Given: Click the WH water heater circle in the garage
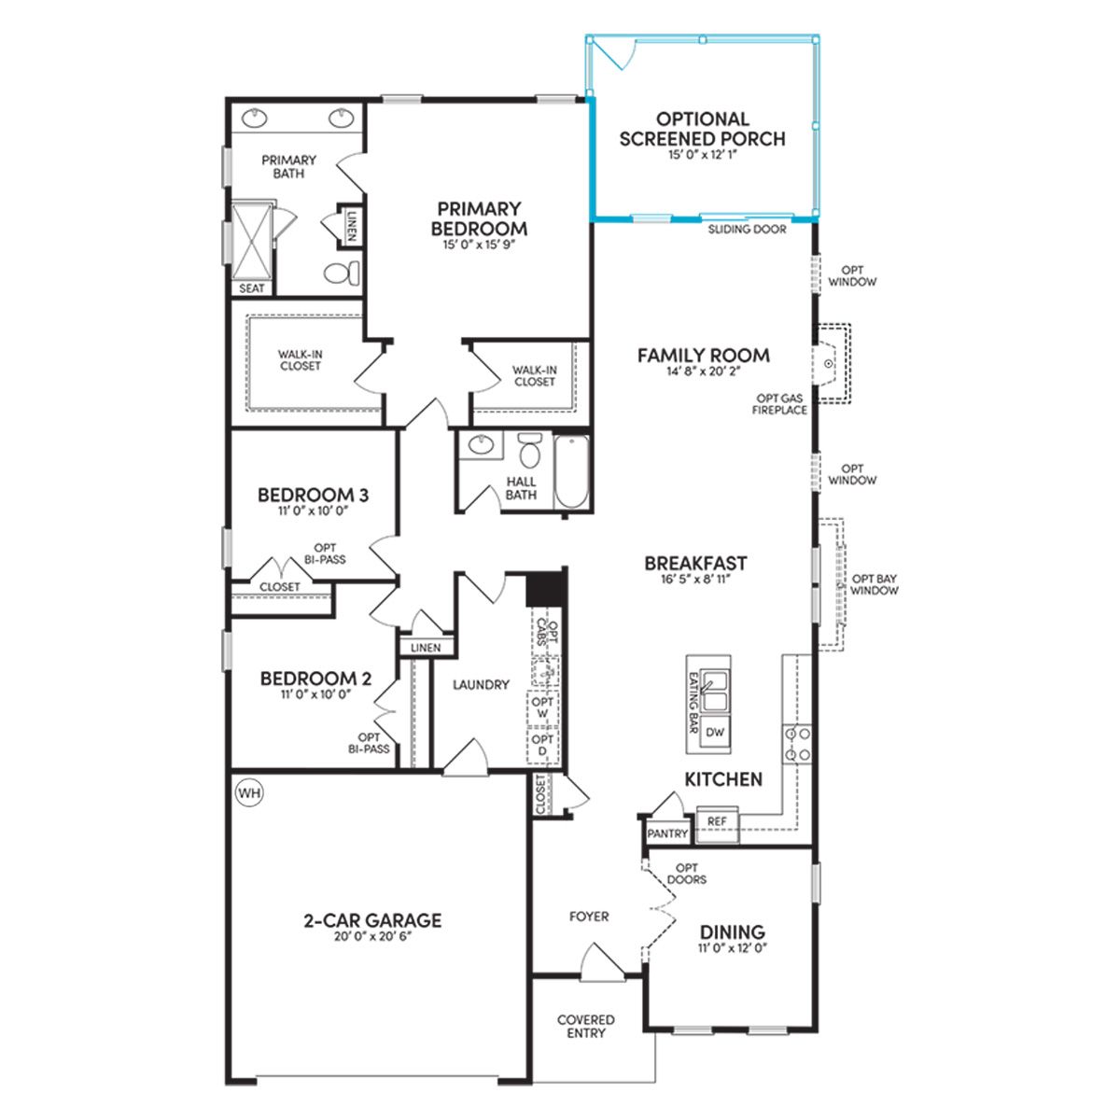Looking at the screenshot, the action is tap(249, 792).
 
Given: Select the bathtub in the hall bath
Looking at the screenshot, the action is tap(571, 472).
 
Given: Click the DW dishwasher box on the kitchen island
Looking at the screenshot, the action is tap(715, 733).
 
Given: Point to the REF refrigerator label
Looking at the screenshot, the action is tap(717, 821).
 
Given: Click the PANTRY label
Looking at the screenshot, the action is tap(667, 833).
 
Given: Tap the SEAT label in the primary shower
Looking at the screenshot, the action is tap(252, 288).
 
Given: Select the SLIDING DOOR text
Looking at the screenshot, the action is tap(747, 230).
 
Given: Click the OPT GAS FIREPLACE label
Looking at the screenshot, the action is tap(780, 404).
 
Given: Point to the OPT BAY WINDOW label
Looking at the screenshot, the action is tap(875, 584).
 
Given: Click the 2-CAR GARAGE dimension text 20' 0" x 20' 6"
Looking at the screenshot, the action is tap(372, 936).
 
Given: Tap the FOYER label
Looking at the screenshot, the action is tap(589, 917).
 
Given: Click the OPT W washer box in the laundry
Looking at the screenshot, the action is tap(542, 707).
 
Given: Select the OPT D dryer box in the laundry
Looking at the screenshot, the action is tap(542, 745).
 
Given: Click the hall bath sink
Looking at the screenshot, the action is tap(482, 444).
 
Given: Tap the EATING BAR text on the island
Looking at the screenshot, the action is tap(693, 703).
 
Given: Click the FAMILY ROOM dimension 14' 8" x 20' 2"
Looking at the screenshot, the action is tap(704, 371).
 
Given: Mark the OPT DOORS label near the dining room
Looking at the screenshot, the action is tap(686, 874).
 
